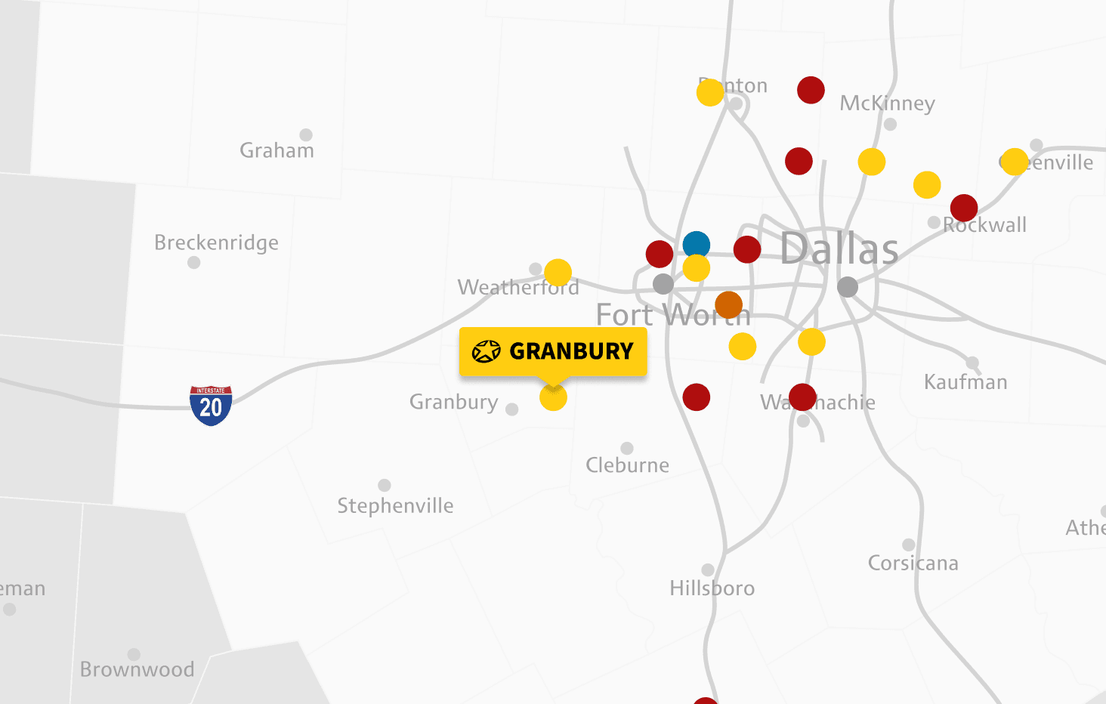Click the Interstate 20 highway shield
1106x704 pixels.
211,406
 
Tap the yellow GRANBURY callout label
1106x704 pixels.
553,351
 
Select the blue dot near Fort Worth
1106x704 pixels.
696,245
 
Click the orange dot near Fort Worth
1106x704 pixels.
728,304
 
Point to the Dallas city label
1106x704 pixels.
839,249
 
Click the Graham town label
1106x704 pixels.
276,150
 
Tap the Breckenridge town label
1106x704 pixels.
216,242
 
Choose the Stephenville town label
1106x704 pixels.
395,505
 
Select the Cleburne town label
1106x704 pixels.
627,465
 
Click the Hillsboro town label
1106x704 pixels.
712,588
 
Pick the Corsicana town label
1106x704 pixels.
913,563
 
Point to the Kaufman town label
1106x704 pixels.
965,382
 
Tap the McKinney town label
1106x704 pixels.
887,103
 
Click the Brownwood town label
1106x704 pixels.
137,669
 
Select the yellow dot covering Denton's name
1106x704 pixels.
710,92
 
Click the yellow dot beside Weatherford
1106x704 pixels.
558,272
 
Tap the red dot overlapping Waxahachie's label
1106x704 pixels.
802,397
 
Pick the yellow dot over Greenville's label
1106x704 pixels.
1015,161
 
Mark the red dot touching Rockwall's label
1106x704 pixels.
964,207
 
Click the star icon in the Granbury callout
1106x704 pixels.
486,351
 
